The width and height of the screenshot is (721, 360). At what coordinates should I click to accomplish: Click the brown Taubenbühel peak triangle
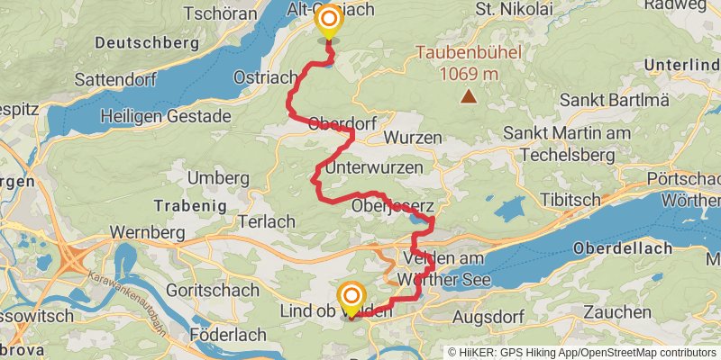click(x=469, y=94)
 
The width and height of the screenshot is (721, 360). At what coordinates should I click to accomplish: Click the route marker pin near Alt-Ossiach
click(x=328, y=22)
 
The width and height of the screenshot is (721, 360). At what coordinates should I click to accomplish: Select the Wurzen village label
click(x=413, y=139)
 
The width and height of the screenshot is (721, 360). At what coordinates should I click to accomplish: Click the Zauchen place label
click(x=616, y=312)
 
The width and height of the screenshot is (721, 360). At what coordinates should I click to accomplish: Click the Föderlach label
click(x=227, y=335)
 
